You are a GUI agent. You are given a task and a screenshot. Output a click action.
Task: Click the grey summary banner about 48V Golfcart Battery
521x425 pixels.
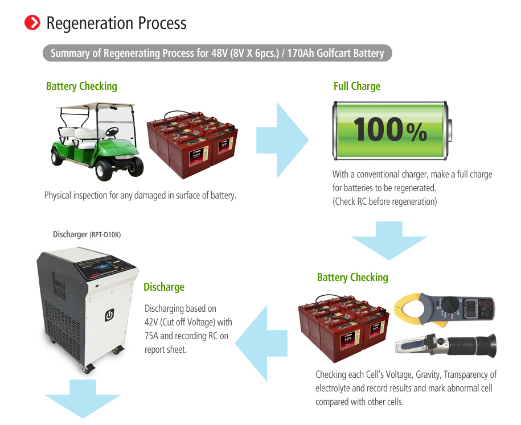[x=217, y=53]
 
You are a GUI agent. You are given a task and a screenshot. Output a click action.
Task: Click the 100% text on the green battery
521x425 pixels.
[x=389, y=129]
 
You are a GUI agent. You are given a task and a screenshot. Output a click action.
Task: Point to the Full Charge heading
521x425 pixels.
[x=356, y=86]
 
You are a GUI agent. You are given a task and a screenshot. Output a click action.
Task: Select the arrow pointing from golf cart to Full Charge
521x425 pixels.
[x=282, y=140]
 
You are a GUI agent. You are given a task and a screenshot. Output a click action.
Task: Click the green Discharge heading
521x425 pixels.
[x=164, y=287]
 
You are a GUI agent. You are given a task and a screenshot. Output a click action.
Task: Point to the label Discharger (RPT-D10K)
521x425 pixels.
[x=87, y=234]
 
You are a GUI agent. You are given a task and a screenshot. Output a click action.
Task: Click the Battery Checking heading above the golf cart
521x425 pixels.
[x=81, y=86]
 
